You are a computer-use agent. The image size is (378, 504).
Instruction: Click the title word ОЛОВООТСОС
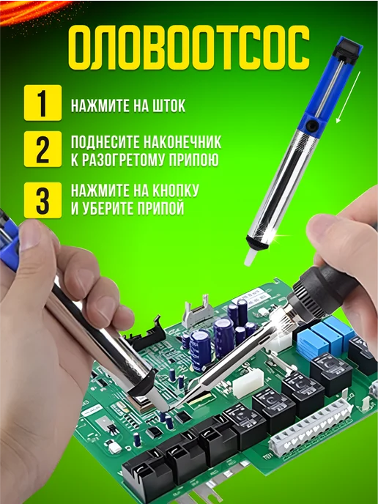189,47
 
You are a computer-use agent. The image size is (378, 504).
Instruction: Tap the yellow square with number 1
42,103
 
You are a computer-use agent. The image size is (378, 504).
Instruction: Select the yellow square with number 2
42,149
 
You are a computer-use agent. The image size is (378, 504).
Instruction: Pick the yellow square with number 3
42,200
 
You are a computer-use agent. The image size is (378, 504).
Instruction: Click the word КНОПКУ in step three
175,190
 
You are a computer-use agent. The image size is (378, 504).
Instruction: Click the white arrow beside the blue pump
348,97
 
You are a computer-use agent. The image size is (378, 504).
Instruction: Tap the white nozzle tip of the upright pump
250,257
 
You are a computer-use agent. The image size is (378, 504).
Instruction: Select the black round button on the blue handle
311,125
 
